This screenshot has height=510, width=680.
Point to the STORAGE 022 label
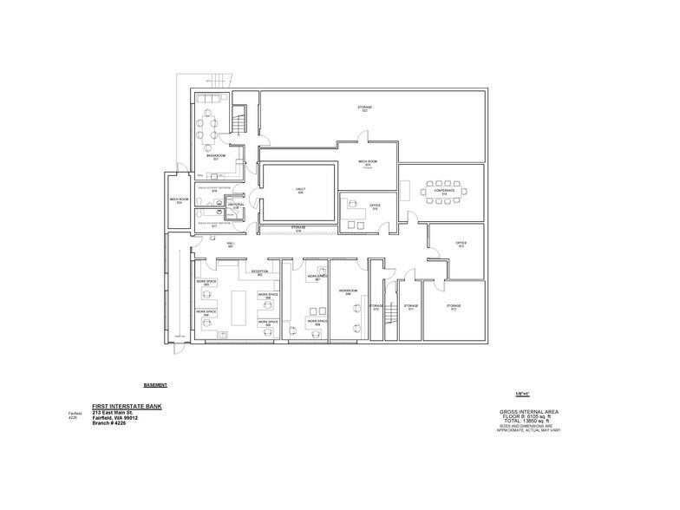click(x=364, y=108)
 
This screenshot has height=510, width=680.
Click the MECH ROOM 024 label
click(x=180, y=201)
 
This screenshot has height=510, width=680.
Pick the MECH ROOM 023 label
click(x=368, y=163)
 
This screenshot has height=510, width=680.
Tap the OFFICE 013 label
click(x=461, y=245)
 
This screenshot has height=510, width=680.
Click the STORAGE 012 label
click(x=454, y=307)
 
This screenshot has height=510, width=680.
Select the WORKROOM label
click(x=348, y=292)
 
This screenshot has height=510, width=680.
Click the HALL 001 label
click(x=231, y=245)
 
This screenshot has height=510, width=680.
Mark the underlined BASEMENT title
click(x=155, y=384)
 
